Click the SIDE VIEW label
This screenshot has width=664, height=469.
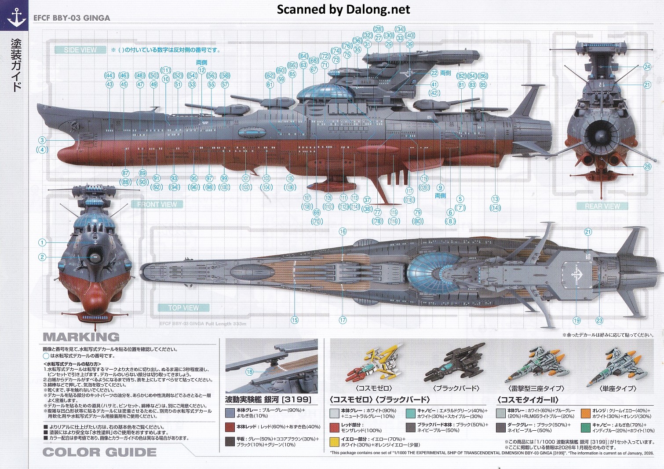coord(80,50)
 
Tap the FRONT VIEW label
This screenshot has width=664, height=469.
coord(157,204)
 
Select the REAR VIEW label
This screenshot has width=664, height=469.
coord(602,206)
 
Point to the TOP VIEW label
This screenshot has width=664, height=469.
coord(183,308)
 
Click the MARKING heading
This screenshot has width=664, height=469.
coord(81,337)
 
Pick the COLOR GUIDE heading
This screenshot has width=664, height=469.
coord(99,452)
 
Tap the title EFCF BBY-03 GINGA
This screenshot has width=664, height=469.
coord(72,18)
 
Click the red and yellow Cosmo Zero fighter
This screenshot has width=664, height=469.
coord(374,363)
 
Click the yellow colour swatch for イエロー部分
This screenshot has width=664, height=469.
coord(335,442)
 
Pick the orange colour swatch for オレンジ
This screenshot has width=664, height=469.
coord(585,413)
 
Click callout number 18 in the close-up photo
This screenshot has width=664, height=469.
coord(249,372)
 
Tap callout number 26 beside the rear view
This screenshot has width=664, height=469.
coord(647,166)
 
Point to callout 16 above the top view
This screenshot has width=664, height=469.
coord(343,231)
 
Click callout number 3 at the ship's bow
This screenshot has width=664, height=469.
coord(42,140)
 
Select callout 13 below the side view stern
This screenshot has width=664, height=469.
coord(495,199)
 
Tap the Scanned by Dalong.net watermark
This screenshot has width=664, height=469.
coord(343,10)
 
